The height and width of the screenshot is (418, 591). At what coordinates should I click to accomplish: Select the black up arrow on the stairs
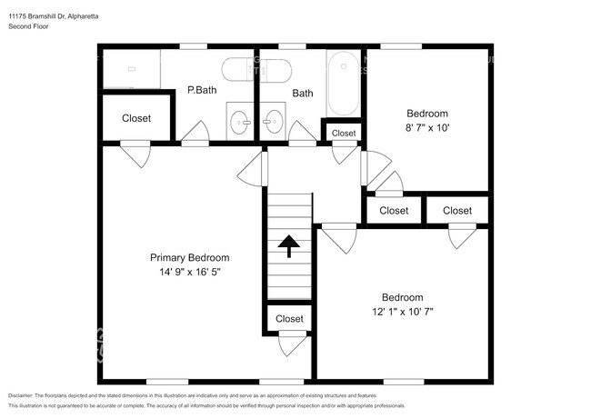289,245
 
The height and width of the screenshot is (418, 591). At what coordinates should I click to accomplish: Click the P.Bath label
200,91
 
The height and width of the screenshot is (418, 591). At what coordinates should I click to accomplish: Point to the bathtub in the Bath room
343,84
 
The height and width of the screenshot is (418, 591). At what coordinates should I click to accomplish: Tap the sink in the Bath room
272,120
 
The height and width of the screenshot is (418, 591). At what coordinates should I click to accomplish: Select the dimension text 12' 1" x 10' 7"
402,312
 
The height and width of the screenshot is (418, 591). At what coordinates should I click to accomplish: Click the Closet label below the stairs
289,319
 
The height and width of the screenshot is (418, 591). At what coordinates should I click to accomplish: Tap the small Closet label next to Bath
344,134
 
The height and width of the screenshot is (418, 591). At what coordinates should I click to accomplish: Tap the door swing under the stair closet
292,345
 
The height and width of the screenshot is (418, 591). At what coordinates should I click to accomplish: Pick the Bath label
303,93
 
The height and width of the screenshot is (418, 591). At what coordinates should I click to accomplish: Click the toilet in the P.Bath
256,70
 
